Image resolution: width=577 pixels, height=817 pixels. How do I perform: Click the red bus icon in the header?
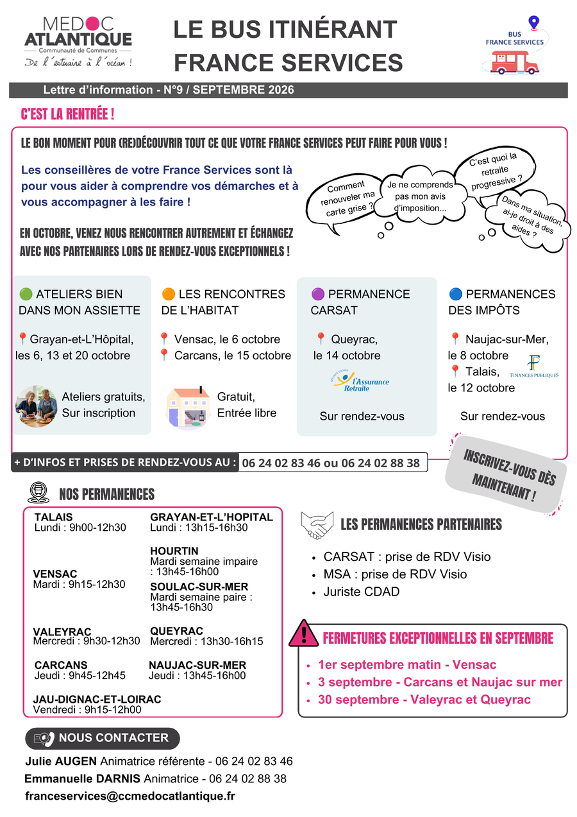coord(514,63)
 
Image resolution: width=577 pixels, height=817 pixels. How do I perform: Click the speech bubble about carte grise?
coord(344,202)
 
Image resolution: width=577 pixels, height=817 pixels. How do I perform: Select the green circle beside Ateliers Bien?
coord(26,293)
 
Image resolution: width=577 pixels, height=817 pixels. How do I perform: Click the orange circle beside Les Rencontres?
coord(168,293)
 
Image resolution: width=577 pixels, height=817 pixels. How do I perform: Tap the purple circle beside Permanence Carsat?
coord(317,293)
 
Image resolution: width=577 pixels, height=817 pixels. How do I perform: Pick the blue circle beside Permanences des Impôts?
coord(455,293)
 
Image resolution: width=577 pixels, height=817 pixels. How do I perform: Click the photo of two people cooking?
coord(36,406)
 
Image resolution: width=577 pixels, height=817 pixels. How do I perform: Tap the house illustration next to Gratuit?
coord(188,408)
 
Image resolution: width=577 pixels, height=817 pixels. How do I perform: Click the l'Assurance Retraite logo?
coord(360,381)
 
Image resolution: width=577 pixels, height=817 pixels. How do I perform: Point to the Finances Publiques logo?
coord(534,366)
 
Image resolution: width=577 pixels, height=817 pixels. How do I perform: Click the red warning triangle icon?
coord(303,634)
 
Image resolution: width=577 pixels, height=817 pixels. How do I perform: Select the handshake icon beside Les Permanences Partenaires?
coord(317,525)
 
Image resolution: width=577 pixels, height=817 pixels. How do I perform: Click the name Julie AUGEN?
coord(61,761)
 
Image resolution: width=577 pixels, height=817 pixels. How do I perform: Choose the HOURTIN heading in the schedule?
coord(174,551)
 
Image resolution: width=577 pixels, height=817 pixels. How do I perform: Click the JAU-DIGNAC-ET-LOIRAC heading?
coord(97,699)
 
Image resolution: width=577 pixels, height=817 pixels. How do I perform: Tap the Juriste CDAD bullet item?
coord(362,592)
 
